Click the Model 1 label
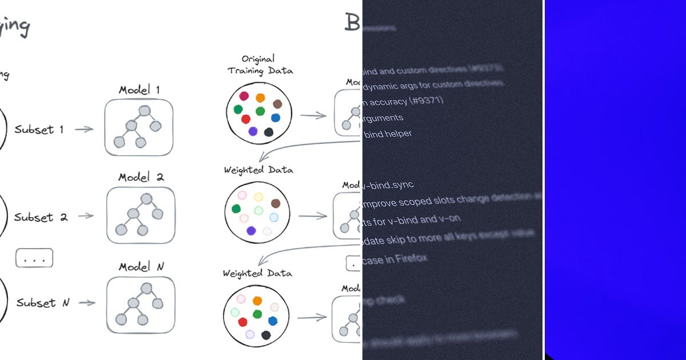pos(139,90)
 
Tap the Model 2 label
pos(141,177)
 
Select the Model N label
pos(141,267)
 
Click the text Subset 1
pos(39,129)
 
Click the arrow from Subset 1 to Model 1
pos(84,129)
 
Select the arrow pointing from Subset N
pos(86,303)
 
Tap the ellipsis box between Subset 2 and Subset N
pos(34,258)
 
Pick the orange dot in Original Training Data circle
pos(260,98)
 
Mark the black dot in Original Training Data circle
pos(269,132)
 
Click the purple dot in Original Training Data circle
pos(253,131)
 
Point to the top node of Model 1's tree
pos(143,110)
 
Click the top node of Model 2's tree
pos(146,198)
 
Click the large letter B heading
pos(352,22)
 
